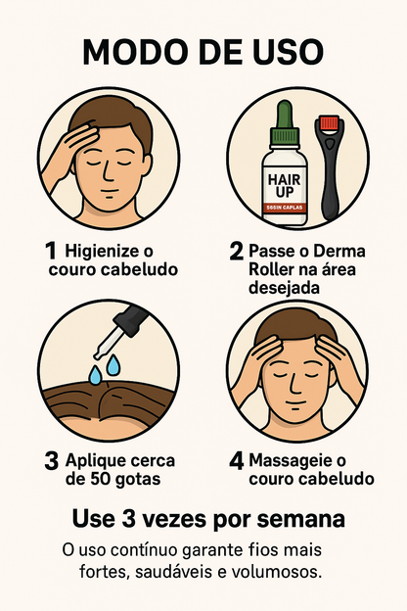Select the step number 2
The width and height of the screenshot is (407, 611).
(237, 251)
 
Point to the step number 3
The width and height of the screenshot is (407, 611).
(52, 460)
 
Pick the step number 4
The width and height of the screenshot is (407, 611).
(237, 460)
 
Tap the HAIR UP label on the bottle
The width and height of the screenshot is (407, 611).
(285, 180)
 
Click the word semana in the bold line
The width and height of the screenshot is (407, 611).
(298, 517)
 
